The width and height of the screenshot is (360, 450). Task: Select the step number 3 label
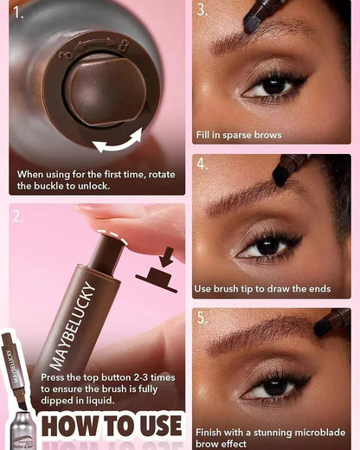202,10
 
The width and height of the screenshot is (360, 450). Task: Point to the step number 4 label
202,164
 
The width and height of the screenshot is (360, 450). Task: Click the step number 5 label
202,318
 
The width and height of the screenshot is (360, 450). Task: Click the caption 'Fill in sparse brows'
238,135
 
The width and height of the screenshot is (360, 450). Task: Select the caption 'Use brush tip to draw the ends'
261,288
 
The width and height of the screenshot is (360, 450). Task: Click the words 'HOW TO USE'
112,426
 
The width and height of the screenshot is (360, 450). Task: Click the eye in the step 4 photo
268,246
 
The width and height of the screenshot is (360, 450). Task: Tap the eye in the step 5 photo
277,386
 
